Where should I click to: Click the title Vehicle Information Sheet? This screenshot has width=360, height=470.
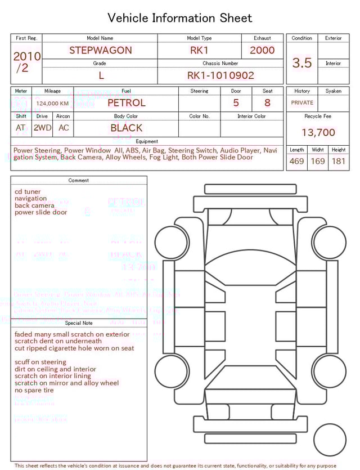179,18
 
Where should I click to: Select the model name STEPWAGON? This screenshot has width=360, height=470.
101,50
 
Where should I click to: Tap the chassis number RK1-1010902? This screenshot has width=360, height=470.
220,75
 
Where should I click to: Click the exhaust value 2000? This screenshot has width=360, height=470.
262,50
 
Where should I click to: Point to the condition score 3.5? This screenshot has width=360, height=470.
302,62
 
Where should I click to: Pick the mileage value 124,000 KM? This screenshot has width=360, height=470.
52,104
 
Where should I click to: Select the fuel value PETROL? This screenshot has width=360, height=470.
126,103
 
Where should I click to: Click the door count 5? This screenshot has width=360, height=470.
236,103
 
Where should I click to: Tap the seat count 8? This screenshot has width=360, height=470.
267,103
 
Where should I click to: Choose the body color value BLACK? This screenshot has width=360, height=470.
126,128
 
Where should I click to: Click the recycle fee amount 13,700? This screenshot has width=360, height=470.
318,133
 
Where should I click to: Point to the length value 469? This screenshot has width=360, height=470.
296,162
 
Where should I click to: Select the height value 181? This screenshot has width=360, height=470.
339,162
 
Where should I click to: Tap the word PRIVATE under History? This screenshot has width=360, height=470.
302,103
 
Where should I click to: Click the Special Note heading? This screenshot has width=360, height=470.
79,323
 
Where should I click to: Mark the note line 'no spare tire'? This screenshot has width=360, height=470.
34,390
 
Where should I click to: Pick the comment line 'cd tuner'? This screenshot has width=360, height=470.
28,191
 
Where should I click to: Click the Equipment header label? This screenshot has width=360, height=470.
147,141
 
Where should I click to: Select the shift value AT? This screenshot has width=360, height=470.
21,128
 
